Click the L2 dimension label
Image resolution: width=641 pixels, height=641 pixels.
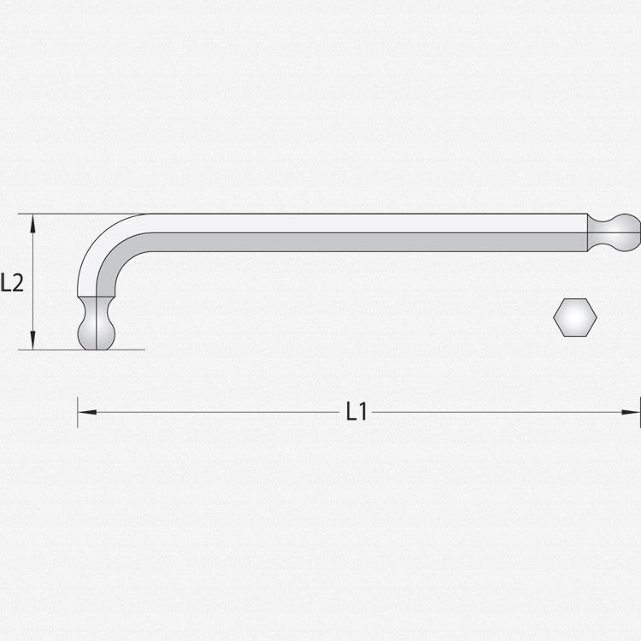12,282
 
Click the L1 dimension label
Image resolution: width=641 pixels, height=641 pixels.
357,411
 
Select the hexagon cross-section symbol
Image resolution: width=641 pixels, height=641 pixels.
575,317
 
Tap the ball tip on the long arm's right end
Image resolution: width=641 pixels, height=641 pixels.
626,232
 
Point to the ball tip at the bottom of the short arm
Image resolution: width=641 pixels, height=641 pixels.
97,334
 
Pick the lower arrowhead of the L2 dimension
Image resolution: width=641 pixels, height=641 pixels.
32,340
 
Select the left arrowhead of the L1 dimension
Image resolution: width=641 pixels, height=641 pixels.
87,412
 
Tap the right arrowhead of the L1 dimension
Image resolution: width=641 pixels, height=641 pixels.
631,412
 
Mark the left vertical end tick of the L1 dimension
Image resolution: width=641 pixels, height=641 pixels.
77,412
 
